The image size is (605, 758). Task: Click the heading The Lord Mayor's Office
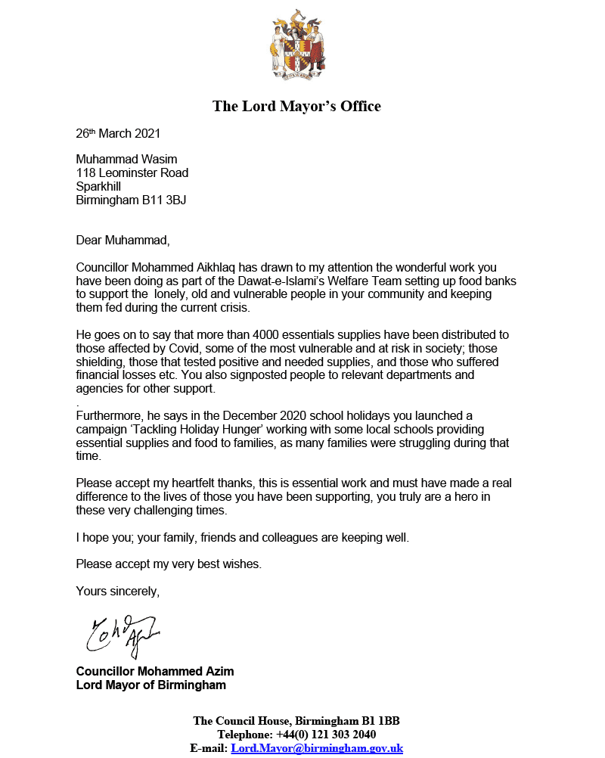[296, 106]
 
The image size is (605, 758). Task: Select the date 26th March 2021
[118, 134]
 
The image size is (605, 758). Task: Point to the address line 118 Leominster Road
[132, 173]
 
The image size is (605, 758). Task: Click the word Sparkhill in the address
[98, 187]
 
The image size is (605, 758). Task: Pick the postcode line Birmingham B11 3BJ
[131, 200]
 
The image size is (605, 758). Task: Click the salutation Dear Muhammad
[123, 241]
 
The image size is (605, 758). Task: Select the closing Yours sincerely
[117, 591]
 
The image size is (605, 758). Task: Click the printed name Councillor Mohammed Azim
[155, 672]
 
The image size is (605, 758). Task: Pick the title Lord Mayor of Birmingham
[151, 685]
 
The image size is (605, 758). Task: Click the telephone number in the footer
[327, 735]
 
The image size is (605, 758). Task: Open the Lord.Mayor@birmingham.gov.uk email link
[317, 748]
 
